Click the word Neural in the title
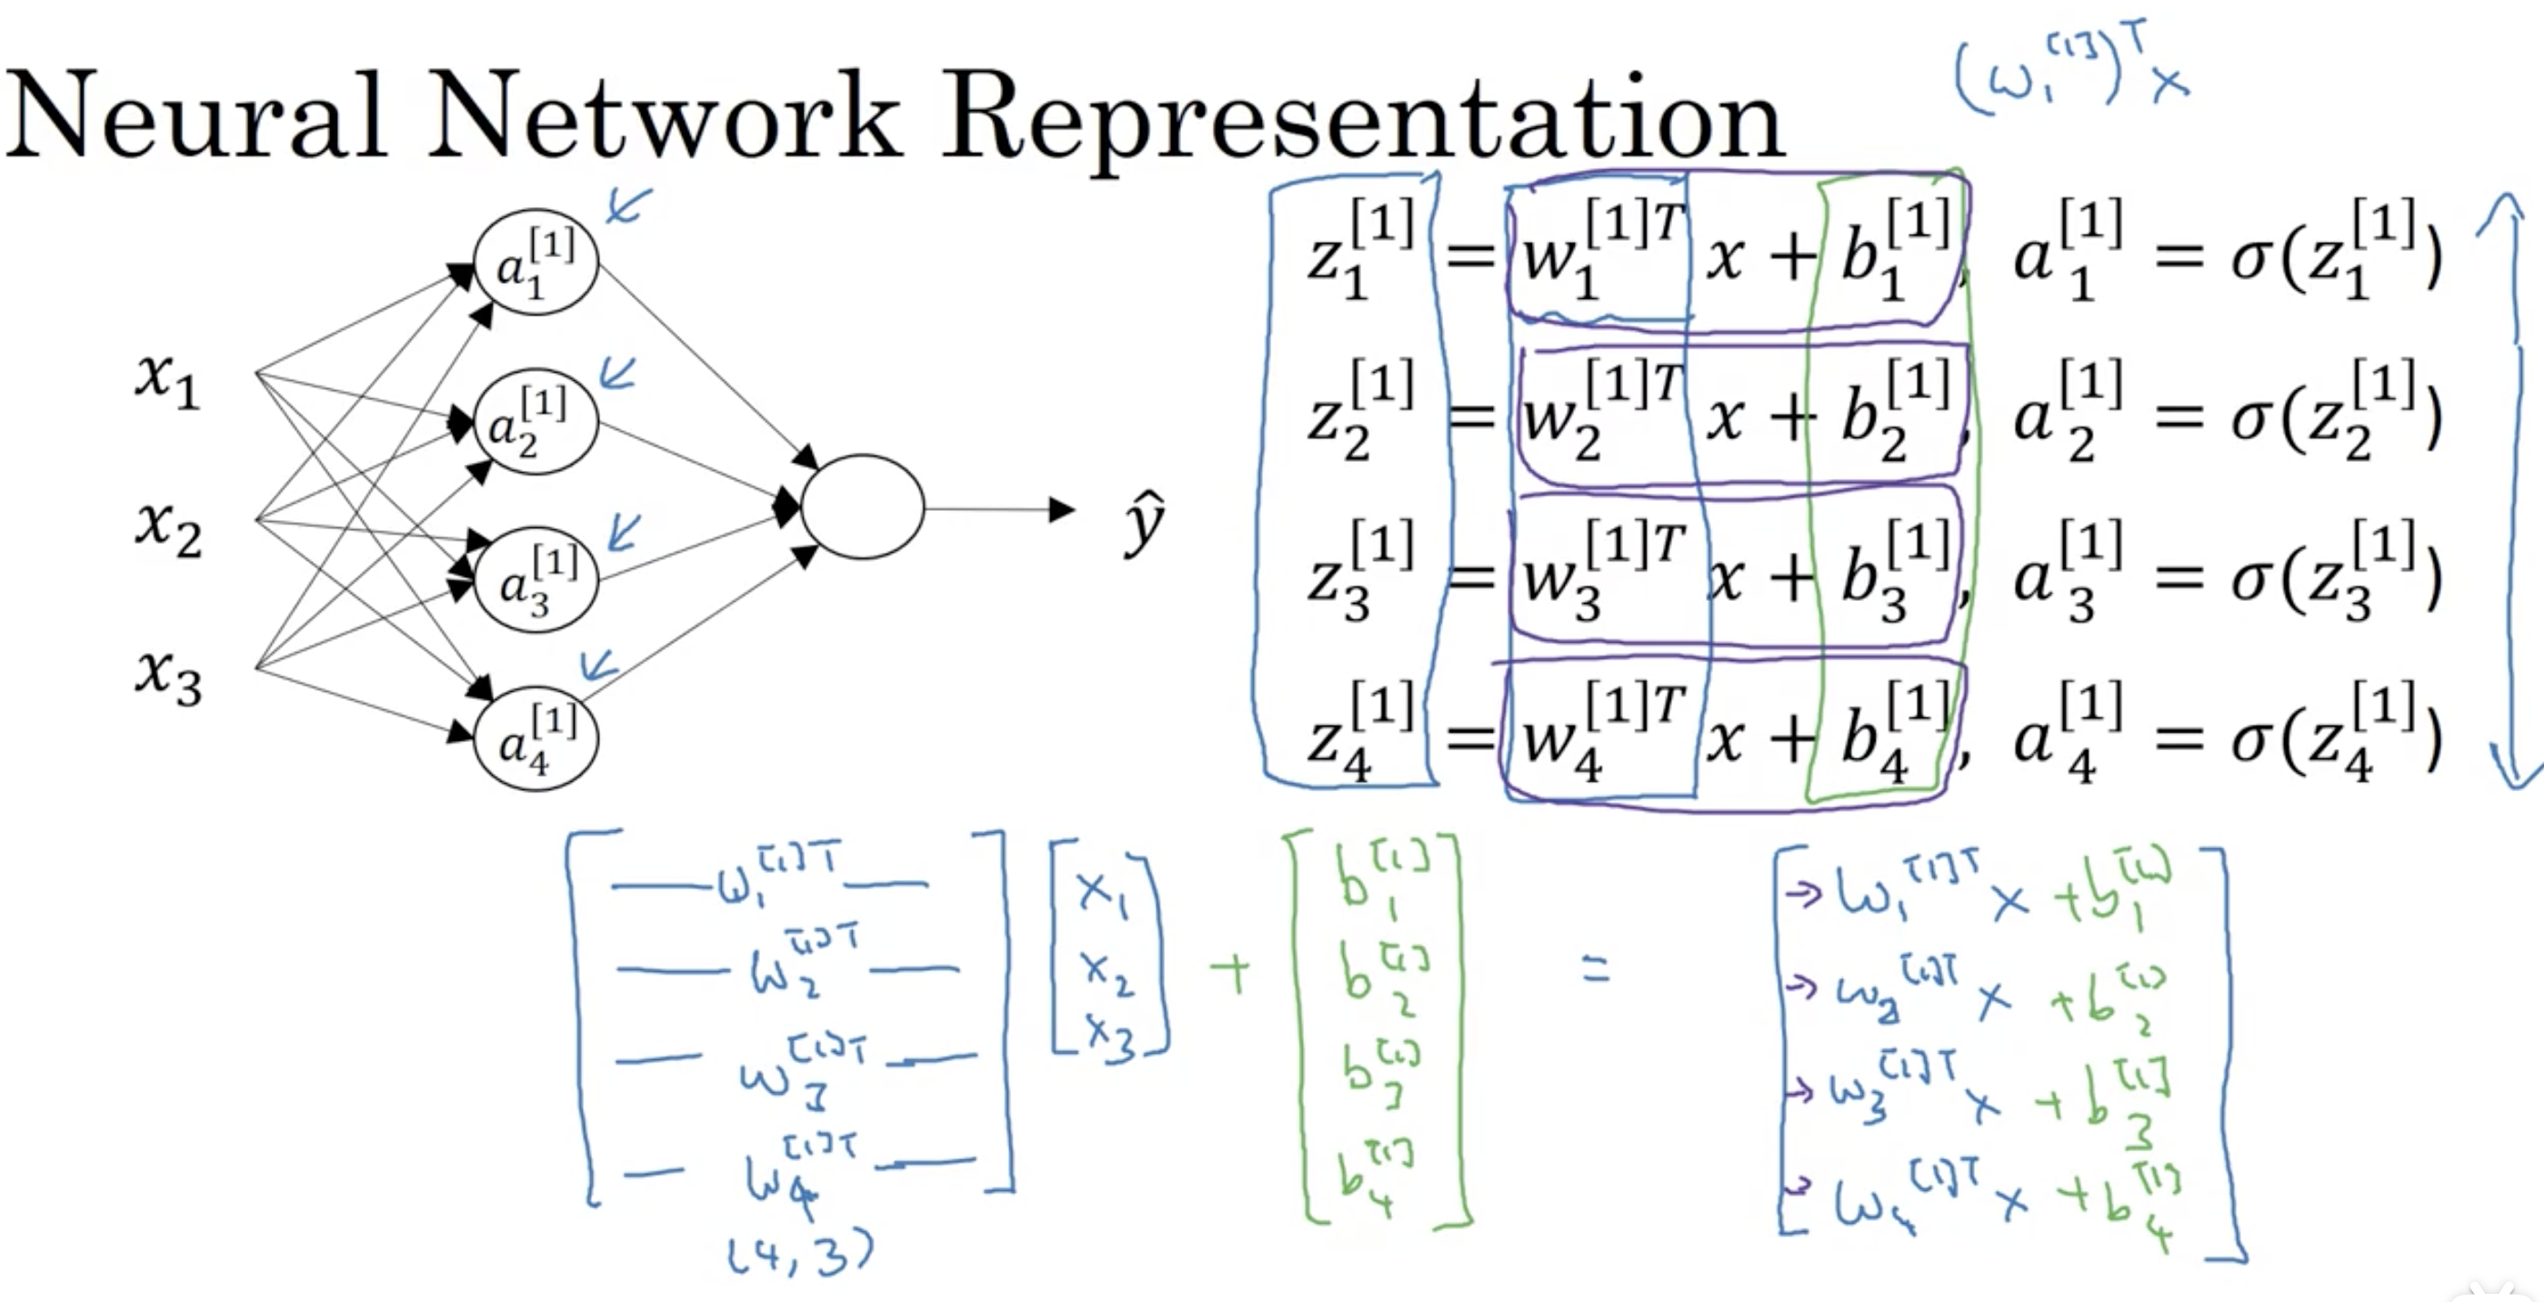tap(195, 115)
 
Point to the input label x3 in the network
tap(168, 677)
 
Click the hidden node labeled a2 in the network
tap(536, 422)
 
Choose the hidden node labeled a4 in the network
tap(536, 739)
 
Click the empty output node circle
tap(862, 506)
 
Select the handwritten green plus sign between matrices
tap(1229, 973)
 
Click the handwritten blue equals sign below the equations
tap(1596, 970)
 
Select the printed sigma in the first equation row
tap(2249, 259)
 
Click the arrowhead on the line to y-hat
tap(1062, 510)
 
